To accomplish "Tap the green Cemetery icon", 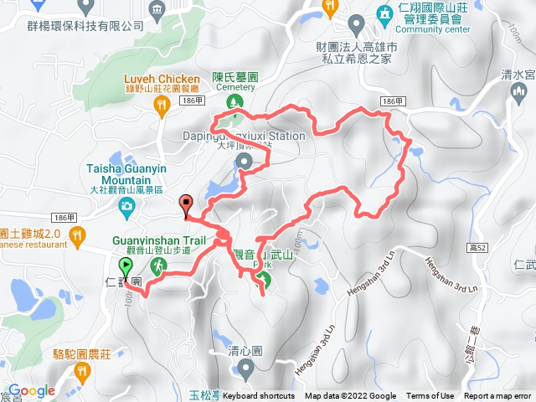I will coord(235,102).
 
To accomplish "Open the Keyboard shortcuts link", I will coord(259,396).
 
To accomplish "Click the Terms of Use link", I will coord(430,396).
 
